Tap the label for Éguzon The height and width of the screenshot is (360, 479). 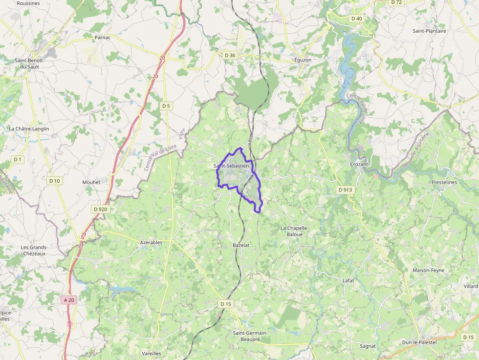point(303,60)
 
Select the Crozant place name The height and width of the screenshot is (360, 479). point(359,164)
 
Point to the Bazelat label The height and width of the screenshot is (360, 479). point(241,245)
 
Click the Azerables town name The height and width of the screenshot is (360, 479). point(151,242)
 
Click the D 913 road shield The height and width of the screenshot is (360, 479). point(345,190)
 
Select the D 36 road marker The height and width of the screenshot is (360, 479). point(229,55)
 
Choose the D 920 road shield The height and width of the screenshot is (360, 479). point(100,209)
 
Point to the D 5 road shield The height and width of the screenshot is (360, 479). point(166,106)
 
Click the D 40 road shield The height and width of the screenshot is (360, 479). point(356,19)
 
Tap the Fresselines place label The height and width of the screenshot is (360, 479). point(444,182)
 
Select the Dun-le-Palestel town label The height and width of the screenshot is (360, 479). point(419,342)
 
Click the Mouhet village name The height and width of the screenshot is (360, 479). point(91,182)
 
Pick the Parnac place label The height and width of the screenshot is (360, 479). point(103,37)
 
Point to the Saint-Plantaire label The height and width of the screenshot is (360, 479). point(429,31)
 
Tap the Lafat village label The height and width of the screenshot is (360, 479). point(348,280)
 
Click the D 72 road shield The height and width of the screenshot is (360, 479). point(396,2)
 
